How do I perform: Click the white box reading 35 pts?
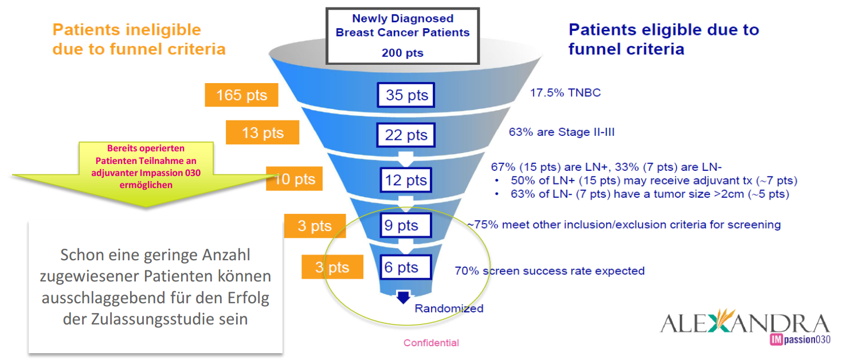click(x=406, y=95)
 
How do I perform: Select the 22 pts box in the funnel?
click(x=406, y=135)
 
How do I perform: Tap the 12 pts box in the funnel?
click(x=406, y=180)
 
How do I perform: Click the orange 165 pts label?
click(x=241, y=95)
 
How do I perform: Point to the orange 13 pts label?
click(x=263, y=133)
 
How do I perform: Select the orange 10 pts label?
click(x=295, y=179)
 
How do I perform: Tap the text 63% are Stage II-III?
click(x=562, y=132)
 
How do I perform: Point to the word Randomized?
click(x=449, y=308)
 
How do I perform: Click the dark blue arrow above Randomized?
click(x=403, y=297)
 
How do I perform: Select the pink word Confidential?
click(x=431, y=343)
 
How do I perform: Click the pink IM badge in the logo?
click(x=777, y=339)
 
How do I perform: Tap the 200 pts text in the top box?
click(x=402, y=53)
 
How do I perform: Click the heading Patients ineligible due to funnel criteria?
click(x=139, y=39)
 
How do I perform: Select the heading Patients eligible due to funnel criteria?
click(x=663, y=39)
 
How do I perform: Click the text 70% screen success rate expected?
click(x=549, y=271)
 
